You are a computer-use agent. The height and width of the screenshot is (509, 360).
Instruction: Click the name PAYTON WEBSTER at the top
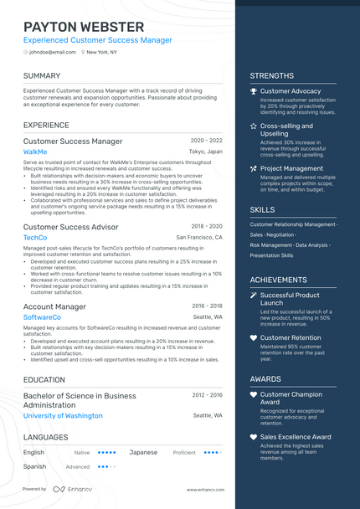tap(84, 27)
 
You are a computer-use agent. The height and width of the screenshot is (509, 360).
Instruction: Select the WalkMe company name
tap(35, 152)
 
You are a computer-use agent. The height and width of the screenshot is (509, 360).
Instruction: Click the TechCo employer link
tap(35, 238)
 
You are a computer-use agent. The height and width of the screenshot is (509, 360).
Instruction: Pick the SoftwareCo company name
tap(42, 318)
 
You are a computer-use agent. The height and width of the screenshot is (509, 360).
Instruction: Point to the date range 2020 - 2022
tap(207, 141)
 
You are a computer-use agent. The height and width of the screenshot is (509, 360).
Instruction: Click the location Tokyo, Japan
tap(206, 152)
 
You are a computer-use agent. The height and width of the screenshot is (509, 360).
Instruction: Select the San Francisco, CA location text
tap(199, 238)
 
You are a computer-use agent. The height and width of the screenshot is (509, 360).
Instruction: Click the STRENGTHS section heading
tap(271, 76)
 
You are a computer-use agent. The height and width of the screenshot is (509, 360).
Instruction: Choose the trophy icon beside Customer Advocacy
tap(254, 91)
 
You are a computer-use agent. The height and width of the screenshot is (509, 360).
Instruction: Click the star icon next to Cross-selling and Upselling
tap(254, 126)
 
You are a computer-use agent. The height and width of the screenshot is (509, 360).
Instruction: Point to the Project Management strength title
tap(291, 168)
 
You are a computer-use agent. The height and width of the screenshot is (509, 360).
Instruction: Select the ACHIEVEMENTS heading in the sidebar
tap(278, 280)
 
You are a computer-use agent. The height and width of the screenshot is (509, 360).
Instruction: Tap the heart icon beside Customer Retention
tap(254, 338)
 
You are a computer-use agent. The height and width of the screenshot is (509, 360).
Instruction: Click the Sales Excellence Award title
tap(296, 437)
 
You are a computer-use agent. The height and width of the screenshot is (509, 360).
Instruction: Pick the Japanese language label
tap(143, 452)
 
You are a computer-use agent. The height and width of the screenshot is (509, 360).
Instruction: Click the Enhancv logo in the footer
tap(70, 489)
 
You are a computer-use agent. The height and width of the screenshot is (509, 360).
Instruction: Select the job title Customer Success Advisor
tap(70, 227)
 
